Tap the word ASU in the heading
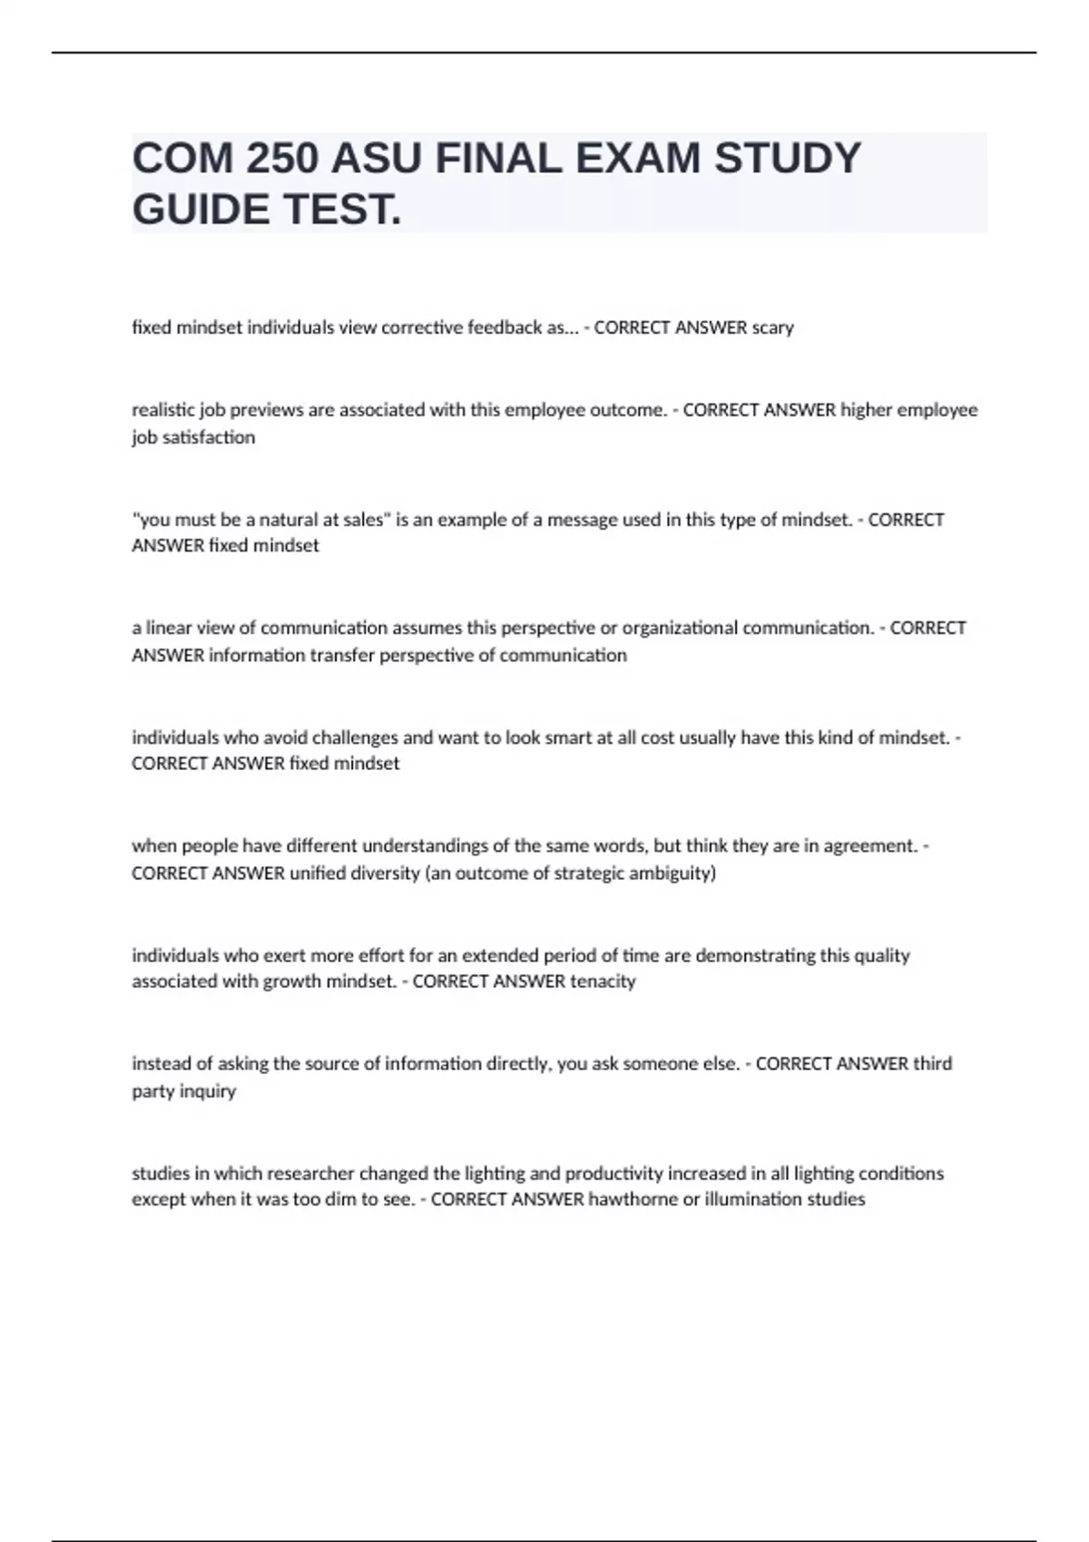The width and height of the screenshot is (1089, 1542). (x=377, y=159)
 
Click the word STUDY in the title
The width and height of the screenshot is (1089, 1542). (x=787, y=159)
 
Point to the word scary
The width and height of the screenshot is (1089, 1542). (x=772, y=327)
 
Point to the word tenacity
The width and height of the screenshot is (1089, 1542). (x=603, y=981)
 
